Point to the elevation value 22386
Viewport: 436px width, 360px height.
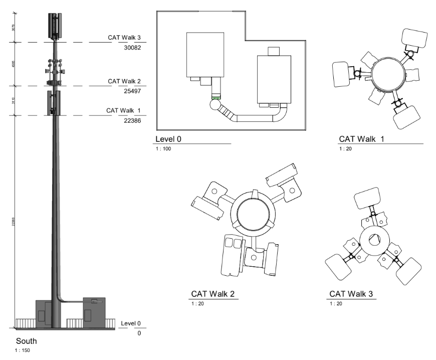(132, 121)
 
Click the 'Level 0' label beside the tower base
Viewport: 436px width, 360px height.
(131, 323)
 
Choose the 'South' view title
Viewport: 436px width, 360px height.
(26, 341)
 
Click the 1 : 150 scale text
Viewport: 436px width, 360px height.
(23, 350)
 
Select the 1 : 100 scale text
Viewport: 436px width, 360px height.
(164, 149)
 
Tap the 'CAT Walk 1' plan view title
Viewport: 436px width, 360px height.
(361, 139)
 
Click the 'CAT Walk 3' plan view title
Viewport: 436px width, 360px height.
(351, 294)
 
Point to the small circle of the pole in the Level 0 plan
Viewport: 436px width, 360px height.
(215, 105)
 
